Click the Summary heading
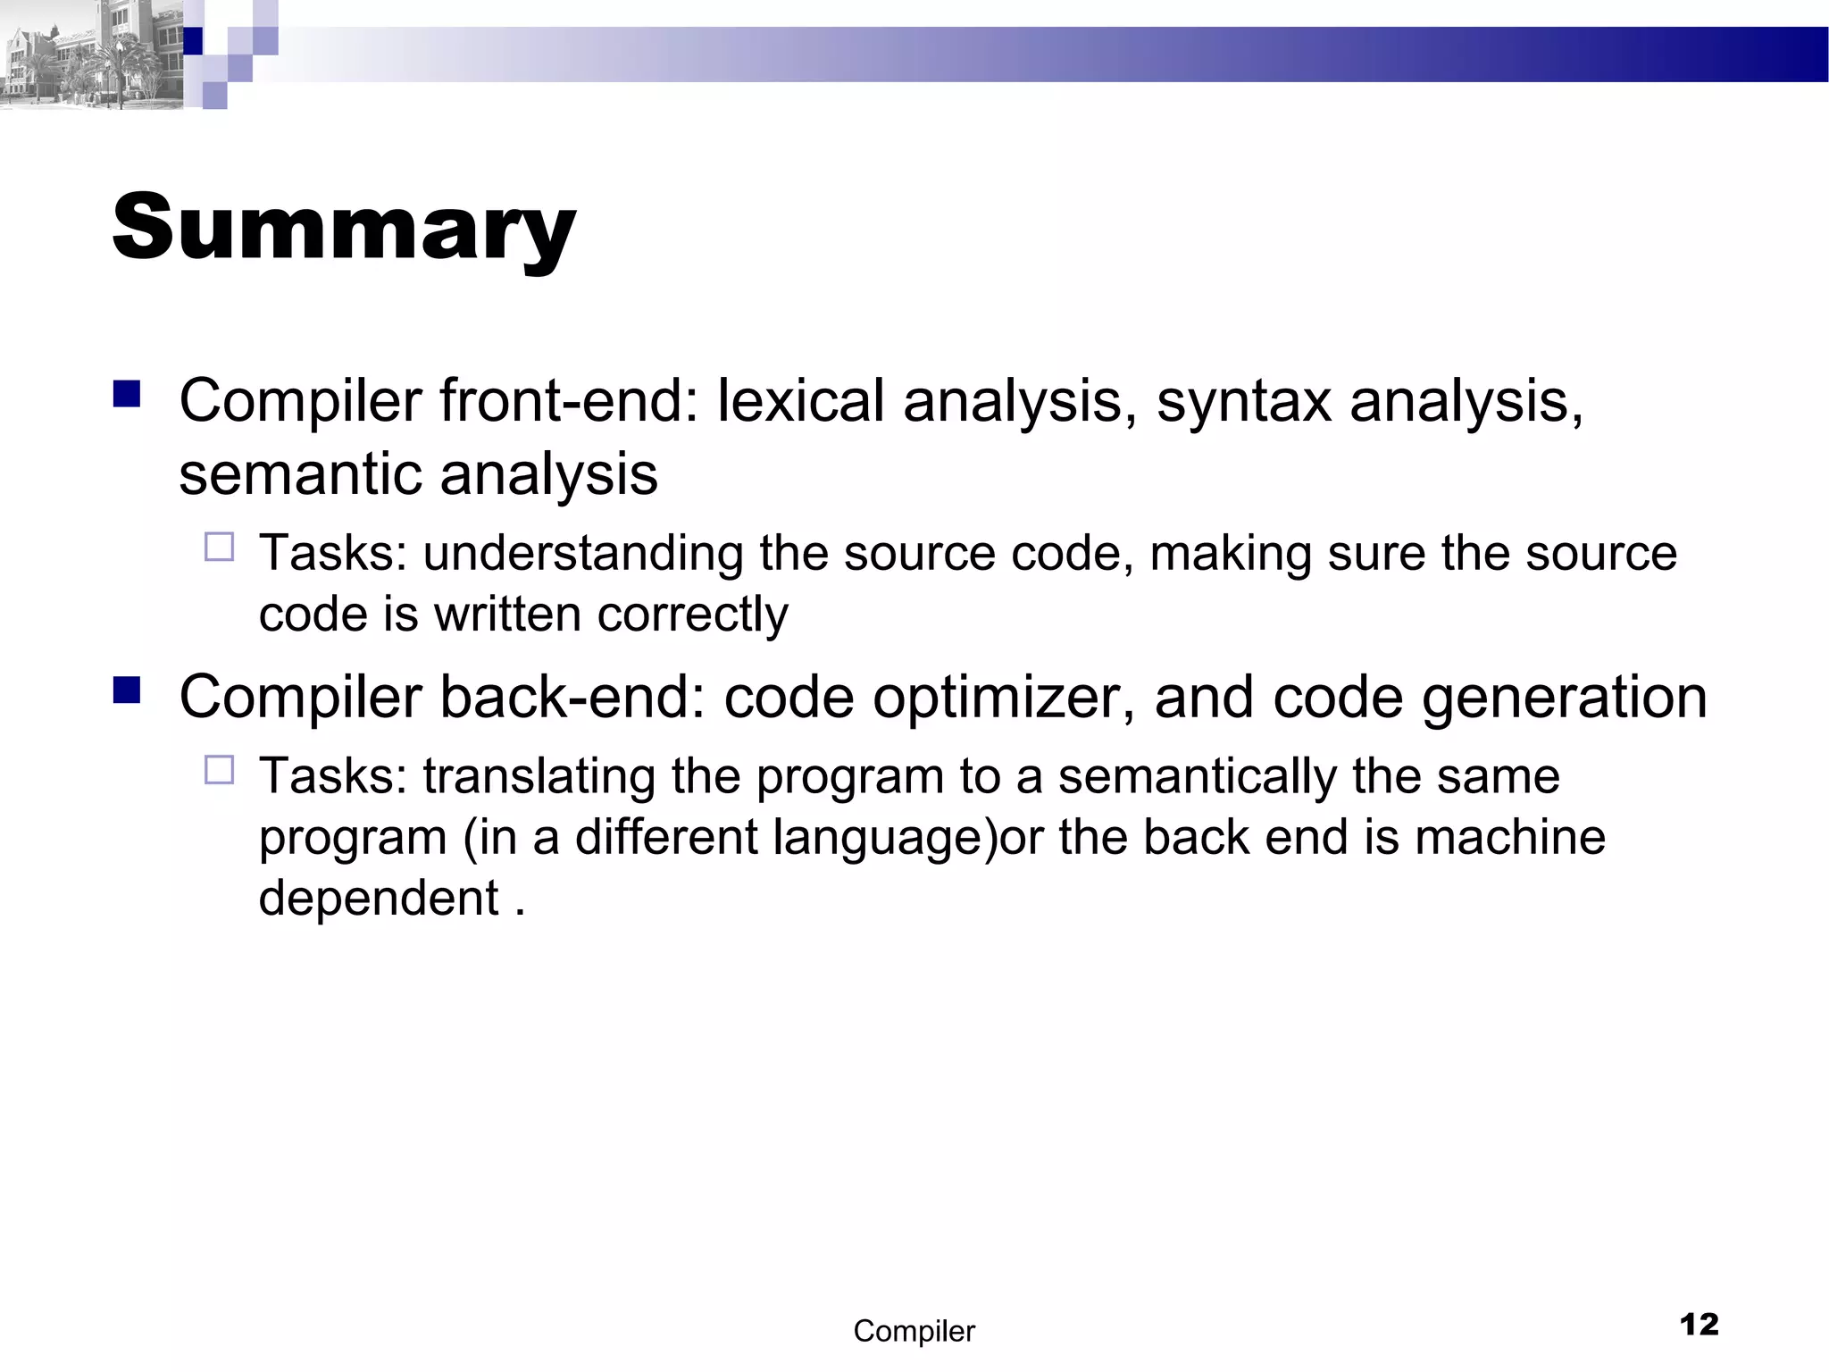tap(344, 228)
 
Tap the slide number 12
tap(1699, 1324)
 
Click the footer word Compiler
tap(914, 1331)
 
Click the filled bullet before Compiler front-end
tap(128, 394)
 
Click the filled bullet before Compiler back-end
tap(128, 690)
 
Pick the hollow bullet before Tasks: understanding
tap(219, 546)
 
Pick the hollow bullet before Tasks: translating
tap(219, 769)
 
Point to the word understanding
tap(583, 554)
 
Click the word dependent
tap(379, 898)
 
